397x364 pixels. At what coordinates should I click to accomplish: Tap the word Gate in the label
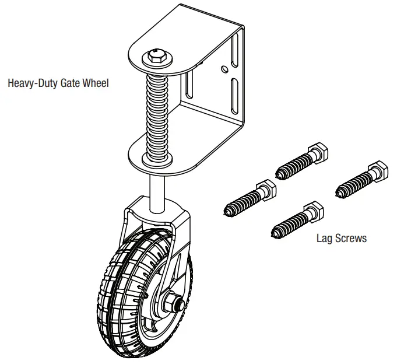tap(69, 83)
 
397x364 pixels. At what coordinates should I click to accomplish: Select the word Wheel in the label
tap(95, 83)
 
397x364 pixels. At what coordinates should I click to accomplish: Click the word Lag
tap(324, 238)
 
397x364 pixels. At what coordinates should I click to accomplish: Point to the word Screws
tap(351, 238)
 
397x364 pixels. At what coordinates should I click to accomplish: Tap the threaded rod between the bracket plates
tap(158, 111)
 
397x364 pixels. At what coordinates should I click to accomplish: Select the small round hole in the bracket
tap(224, 69)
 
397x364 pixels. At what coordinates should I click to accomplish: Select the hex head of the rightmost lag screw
tap(378, 171)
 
